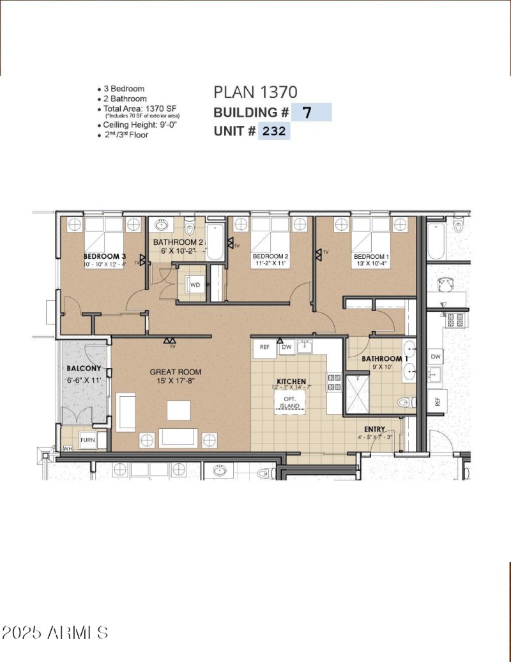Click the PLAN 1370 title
click(255, 93)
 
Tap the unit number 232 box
click(274, 132)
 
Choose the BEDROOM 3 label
click(105, 256)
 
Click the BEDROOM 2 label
click(270, 256)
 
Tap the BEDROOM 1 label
click(371, 256)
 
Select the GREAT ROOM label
click(176, 372)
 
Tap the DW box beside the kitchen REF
click(286, 347)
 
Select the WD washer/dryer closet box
click(195, 284)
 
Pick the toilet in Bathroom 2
click(190, 227)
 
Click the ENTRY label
click(374, 429)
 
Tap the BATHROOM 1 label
click(385, 359)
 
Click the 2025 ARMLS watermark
click(55, 633)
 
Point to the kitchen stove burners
click(334, 382)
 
